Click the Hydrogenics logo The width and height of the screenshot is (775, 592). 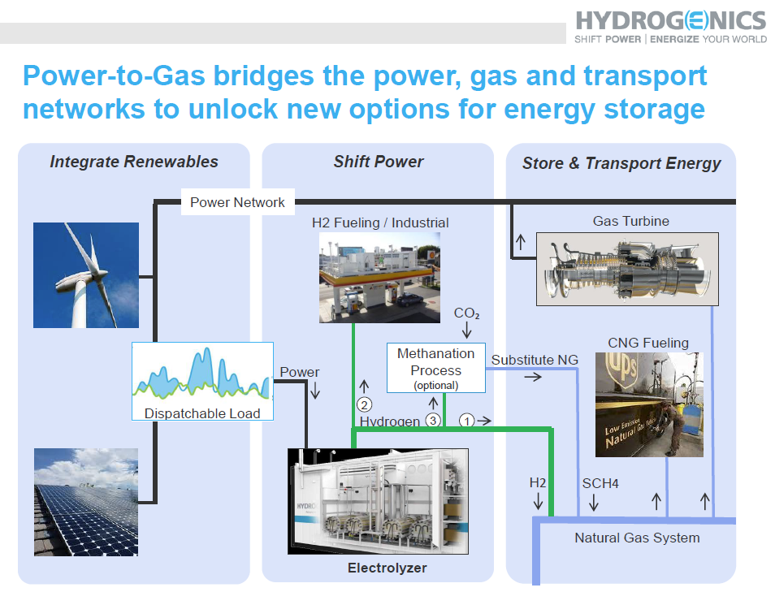pos(671,27)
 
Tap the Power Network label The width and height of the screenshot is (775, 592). pos(237,202)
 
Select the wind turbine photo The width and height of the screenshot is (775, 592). pos(86,275)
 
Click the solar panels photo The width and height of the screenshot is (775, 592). pos(86,502)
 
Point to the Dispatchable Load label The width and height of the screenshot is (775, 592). pos(202,413)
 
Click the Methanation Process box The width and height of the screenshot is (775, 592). pos(436,368)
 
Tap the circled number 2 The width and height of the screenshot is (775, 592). pos(364,405)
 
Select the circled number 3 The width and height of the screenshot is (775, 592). pos(433,421)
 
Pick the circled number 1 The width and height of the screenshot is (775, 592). pos(466,421)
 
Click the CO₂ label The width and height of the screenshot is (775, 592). pos(466,313)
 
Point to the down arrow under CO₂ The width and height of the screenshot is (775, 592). pos(466,330)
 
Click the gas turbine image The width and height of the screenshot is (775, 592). pos(627,270)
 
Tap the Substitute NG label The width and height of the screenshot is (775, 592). pos(535,360)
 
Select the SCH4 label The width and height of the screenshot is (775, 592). pos(600,483)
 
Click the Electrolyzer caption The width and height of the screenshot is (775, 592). pos(387,568)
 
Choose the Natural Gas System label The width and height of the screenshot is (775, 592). pos(637,538)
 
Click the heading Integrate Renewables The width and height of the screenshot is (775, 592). pos(134,162)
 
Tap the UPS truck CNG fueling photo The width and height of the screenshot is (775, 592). pos(649,404)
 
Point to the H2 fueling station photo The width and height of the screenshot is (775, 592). pos(379,278)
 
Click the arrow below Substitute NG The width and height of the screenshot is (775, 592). pos(533,377)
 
